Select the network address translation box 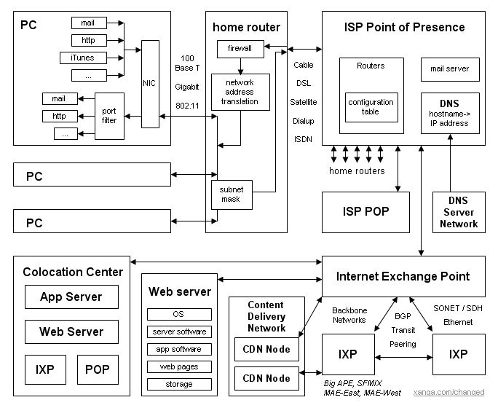tap(240, 93)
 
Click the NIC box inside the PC tap(150, 84)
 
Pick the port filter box tap(109, 116)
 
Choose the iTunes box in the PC tap(87, 58)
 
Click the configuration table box tap(371, 107)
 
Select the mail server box tap(450, 69)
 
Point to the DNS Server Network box tap(459, 213)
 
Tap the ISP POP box tap(365, 212)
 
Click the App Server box tap(71, 297)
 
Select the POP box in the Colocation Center tap(97, 369)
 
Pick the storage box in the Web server tap(179, 384)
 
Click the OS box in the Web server tap(179, 315)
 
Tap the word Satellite tap(303, 102)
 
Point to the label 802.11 tap(187, 105)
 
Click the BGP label tap(402, 316)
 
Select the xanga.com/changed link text tap(448, 393)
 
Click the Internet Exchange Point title tap(403, 276)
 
